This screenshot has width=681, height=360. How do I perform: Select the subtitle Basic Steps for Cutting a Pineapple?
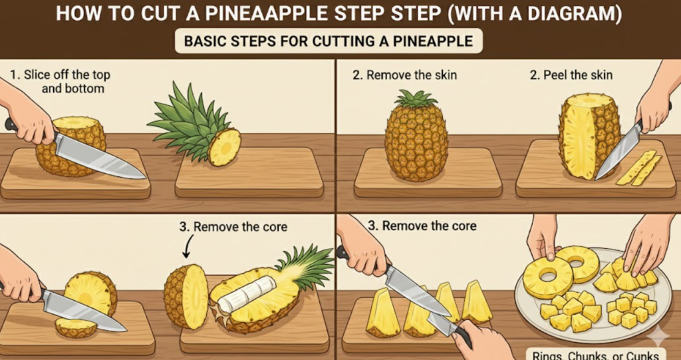point(328,41)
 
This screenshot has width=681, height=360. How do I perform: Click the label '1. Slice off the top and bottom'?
point(61,81)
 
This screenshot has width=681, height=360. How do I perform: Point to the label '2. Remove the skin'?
point(404,75)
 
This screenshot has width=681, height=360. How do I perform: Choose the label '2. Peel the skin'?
point(571,75)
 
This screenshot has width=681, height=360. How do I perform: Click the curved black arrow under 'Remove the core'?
point(187,248)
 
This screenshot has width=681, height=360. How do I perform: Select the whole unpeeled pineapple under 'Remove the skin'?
point(416,136)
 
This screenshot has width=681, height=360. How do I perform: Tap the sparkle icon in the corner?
point(658,337)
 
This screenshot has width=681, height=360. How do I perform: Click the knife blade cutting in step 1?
point(100,156)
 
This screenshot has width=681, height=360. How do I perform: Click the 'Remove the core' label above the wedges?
point(422,226)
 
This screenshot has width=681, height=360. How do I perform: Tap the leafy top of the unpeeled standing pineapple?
point(416,99)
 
